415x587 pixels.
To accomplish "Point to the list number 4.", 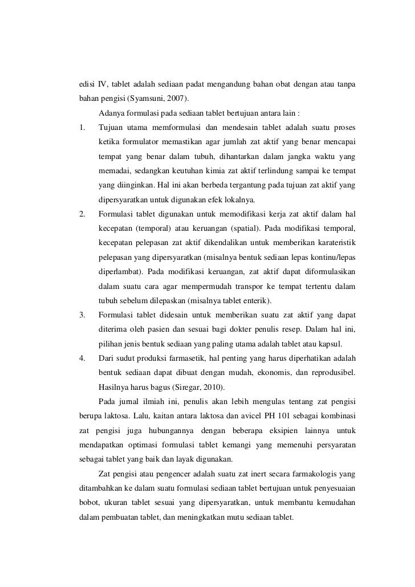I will [83, 358].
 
